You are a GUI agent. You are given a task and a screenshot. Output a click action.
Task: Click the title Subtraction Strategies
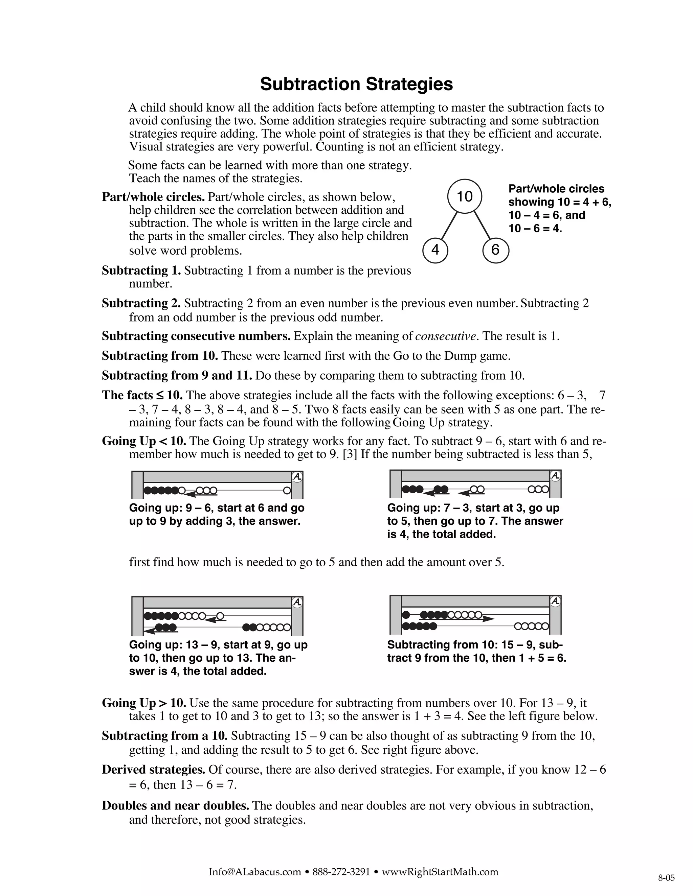pos(356,84)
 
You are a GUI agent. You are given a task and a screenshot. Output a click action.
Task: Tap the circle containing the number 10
pos(464,196)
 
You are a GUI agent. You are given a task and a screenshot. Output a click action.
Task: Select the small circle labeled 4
pos(435,250)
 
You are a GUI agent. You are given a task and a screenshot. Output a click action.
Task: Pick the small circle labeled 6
pos(495,250)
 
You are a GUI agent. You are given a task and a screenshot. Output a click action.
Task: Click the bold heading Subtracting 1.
pos(141,271)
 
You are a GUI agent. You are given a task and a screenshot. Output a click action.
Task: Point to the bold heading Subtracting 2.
pos(141,304)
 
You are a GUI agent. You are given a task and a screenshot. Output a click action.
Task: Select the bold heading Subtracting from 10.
pos(160,356)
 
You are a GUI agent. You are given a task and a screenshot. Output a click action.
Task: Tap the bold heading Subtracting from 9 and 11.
pos(177,375)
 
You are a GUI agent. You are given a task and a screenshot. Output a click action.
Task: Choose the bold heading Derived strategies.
pos(154,770)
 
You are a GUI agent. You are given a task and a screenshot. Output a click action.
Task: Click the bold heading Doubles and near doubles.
pos(175,806)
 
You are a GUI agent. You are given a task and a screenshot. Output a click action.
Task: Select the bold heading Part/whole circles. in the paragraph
pos(153,197)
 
